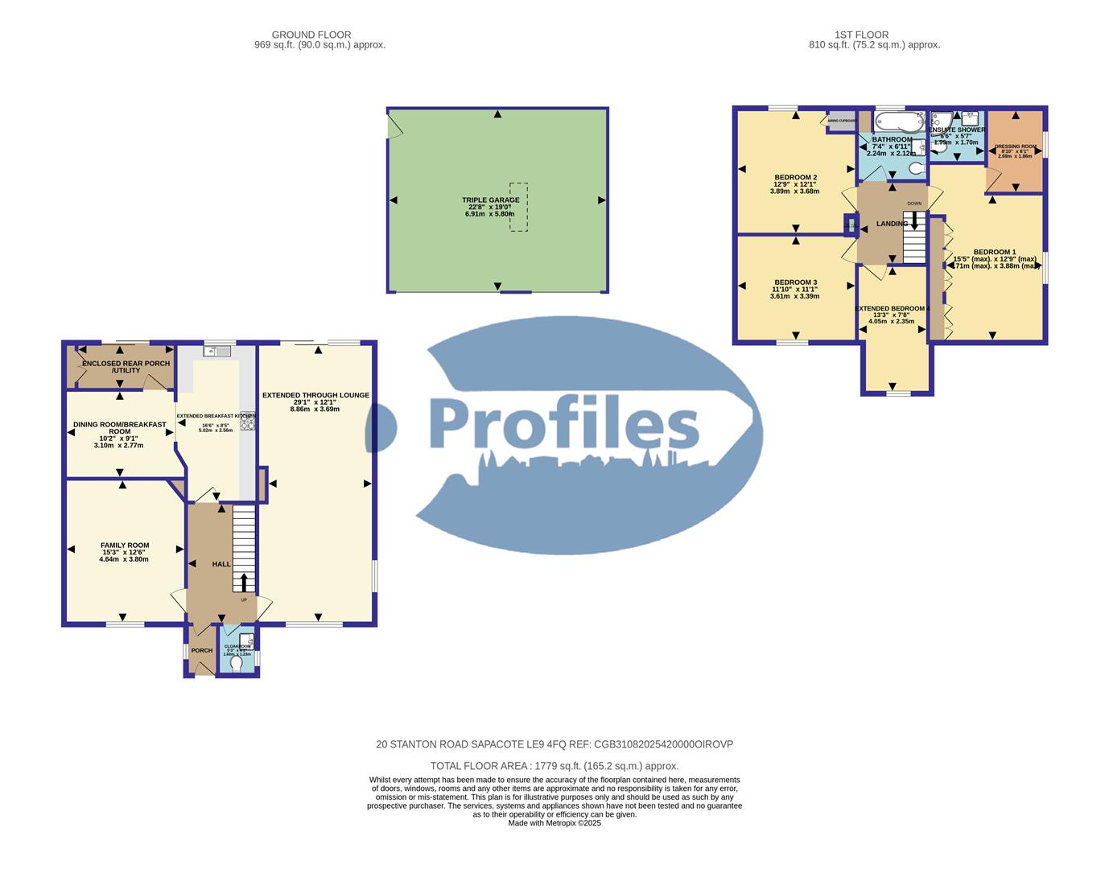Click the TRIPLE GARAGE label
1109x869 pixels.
click(x=490, y=200)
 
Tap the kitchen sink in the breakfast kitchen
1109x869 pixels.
click(x=216, y=351)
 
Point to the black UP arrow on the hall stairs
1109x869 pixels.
click(x=245, y=582)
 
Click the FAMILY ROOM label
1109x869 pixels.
click(x=124, y=546)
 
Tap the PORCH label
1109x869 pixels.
click(x=202, y=650)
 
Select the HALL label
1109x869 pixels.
click(x=221, y=564)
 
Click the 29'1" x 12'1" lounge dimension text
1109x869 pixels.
click(x=315, y=402)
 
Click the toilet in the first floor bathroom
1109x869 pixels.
click(x=915, y=168)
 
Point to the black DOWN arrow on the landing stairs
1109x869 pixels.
click(x=914, y=220)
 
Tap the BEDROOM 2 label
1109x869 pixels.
click(x=795, y=178)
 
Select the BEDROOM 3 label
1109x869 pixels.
click(x=794, y=282)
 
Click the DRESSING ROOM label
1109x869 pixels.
click(x=1015, y=146)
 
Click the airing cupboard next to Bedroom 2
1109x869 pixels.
click(x=842, y=121)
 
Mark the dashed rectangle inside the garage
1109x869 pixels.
click(x=518, y=207)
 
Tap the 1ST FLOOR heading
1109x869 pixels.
click(x=861, y=35)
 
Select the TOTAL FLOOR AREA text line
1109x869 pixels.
click(x=554, y=766)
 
